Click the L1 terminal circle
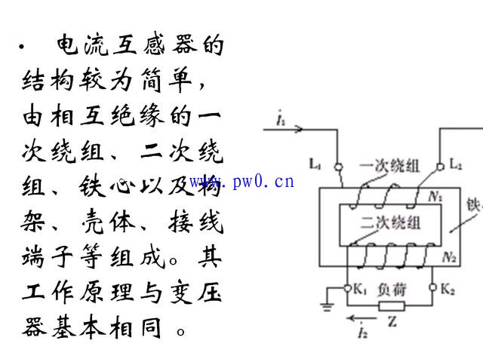click(339, 167)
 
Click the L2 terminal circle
click(441, 167)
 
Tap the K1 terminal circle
click(347, 288)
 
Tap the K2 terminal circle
click(432, 287)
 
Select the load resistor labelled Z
click(392, 306)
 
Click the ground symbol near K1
click(327, 307)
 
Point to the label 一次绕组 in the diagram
click(389, 166)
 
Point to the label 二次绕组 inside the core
click(390, 222)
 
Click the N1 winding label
click(435, 196)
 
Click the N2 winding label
click(449, 256)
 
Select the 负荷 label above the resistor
click(392, 290)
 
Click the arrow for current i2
click(361, 318)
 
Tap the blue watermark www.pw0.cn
click(241, 181)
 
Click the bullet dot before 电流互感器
click(21, 47)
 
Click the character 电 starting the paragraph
click(67, 44)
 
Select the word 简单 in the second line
click(166, 80)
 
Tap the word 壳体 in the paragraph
click(108, 221)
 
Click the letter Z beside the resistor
click(392, 322)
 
